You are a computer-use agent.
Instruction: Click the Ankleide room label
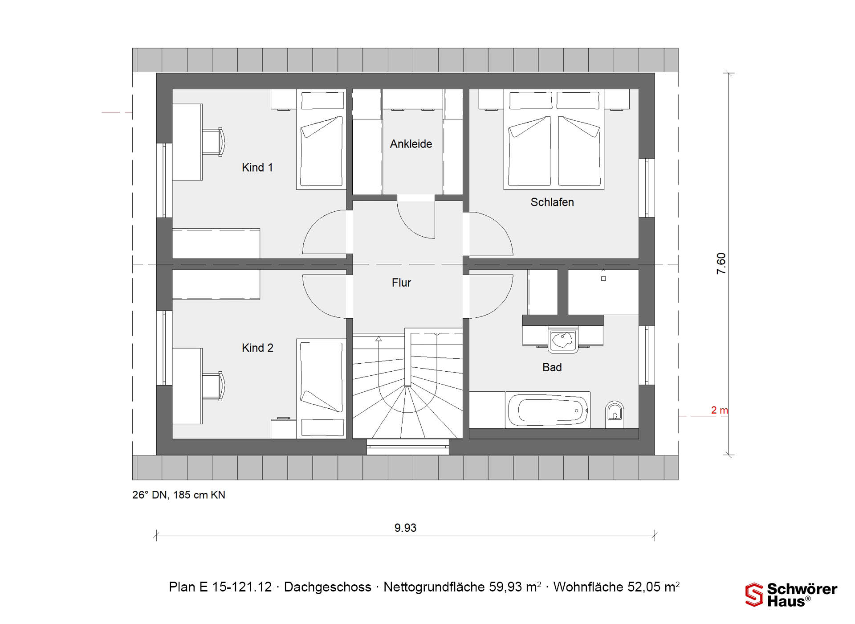click(411, 144)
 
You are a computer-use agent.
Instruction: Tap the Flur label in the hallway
click(401, 283)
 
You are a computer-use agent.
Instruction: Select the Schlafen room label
click(552, 202)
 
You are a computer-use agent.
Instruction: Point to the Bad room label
click(552, 367)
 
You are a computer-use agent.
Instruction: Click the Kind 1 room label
click(257, 168)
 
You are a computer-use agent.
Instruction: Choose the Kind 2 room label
click(257, 348)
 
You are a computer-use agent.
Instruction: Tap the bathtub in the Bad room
click(548, 410)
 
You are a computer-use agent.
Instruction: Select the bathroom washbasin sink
click(562, 340)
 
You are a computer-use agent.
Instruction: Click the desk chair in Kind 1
click(214, 142)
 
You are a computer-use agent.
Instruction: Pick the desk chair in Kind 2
click(214, 386)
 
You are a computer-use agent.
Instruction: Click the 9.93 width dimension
click(405, 528)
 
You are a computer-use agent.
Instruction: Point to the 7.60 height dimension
click(721, 263)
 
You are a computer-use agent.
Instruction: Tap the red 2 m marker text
click(719, 410)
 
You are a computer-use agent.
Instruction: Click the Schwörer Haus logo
click(791, 595)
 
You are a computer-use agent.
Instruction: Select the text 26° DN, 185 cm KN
click(179, 495)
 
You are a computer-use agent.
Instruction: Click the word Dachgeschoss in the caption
click(327, 587)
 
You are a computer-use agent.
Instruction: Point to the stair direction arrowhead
click(379, 339)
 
